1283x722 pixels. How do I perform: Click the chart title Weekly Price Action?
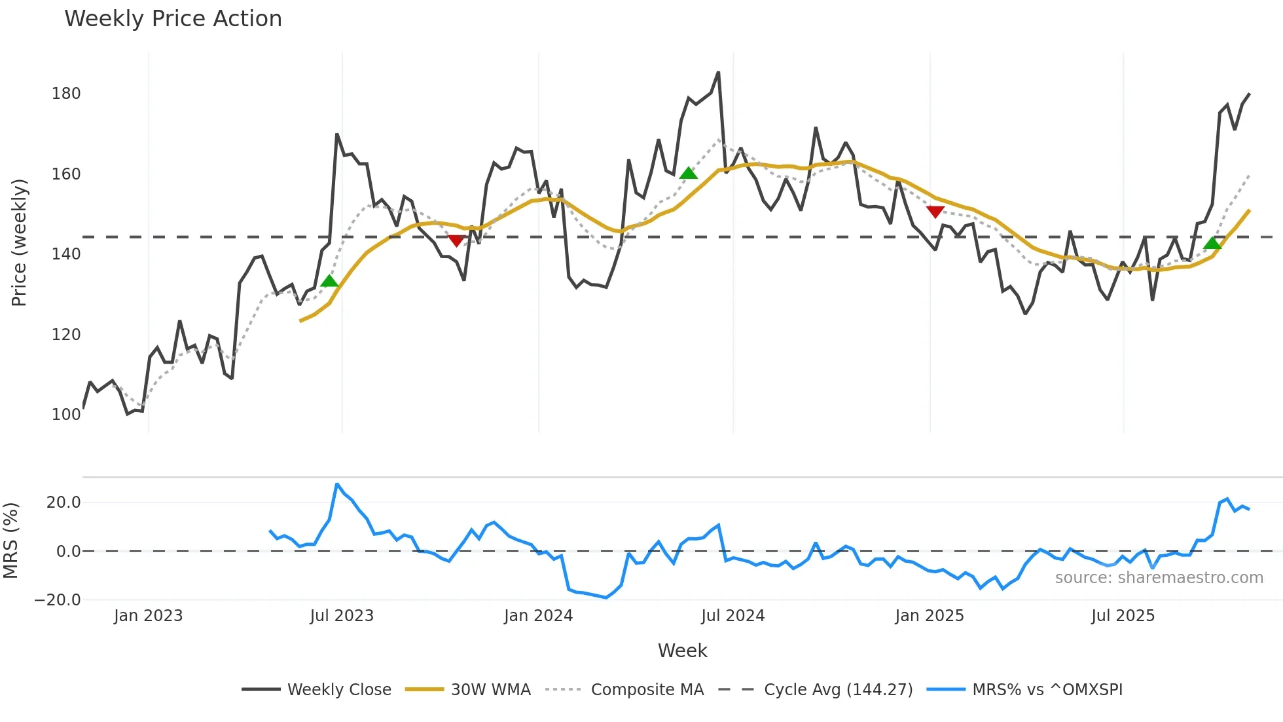pos(173,19)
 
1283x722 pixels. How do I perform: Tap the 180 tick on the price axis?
pos(66,94)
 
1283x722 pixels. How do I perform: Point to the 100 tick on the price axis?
pos(66,415)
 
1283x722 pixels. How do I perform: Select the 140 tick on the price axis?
pos(66,254)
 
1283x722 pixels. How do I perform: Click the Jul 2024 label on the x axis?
pos(732,616)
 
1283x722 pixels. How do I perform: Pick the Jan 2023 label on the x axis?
pos(148,616)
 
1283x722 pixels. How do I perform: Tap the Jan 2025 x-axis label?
pos(929,616)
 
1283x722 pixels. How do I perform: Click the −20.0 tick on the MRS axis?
pos(58,600)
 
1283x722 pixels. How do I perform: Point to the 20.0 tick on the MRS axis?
pos(63,503)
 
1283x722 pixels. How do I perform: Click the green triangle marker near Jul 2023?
pos(329,281)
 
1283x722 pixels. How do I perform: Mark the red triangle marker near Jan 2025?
pos(935,212)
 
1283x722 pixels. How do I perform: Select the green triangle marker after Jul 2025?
pos(1212,244)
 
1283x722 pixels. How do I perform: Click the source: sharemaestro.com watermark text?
pos(1159,578)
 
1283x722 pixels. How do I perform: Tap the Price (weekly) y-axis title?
pos(19,242)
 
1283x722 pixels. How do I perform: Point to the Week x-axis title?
pos(682,651)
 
